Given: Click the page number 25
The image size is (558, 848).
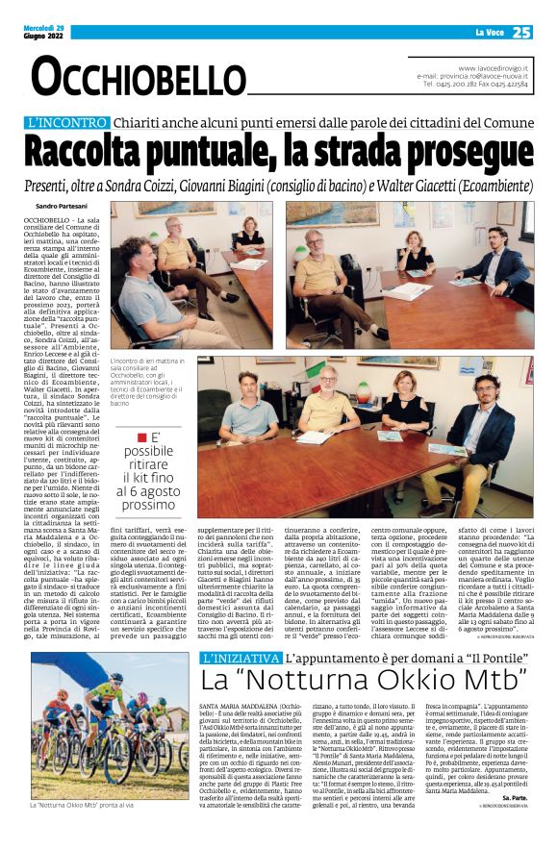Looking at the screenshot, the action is coord(520,32).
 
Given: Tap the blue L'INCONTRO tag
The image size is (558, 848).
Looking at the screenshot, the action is coord(66,123).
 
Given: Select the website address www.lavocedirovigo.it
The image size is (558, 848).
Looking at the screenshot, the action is coord(492,69).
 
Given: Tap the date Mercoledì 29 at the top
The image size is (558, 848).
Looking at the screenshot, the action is coord(45,27).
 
